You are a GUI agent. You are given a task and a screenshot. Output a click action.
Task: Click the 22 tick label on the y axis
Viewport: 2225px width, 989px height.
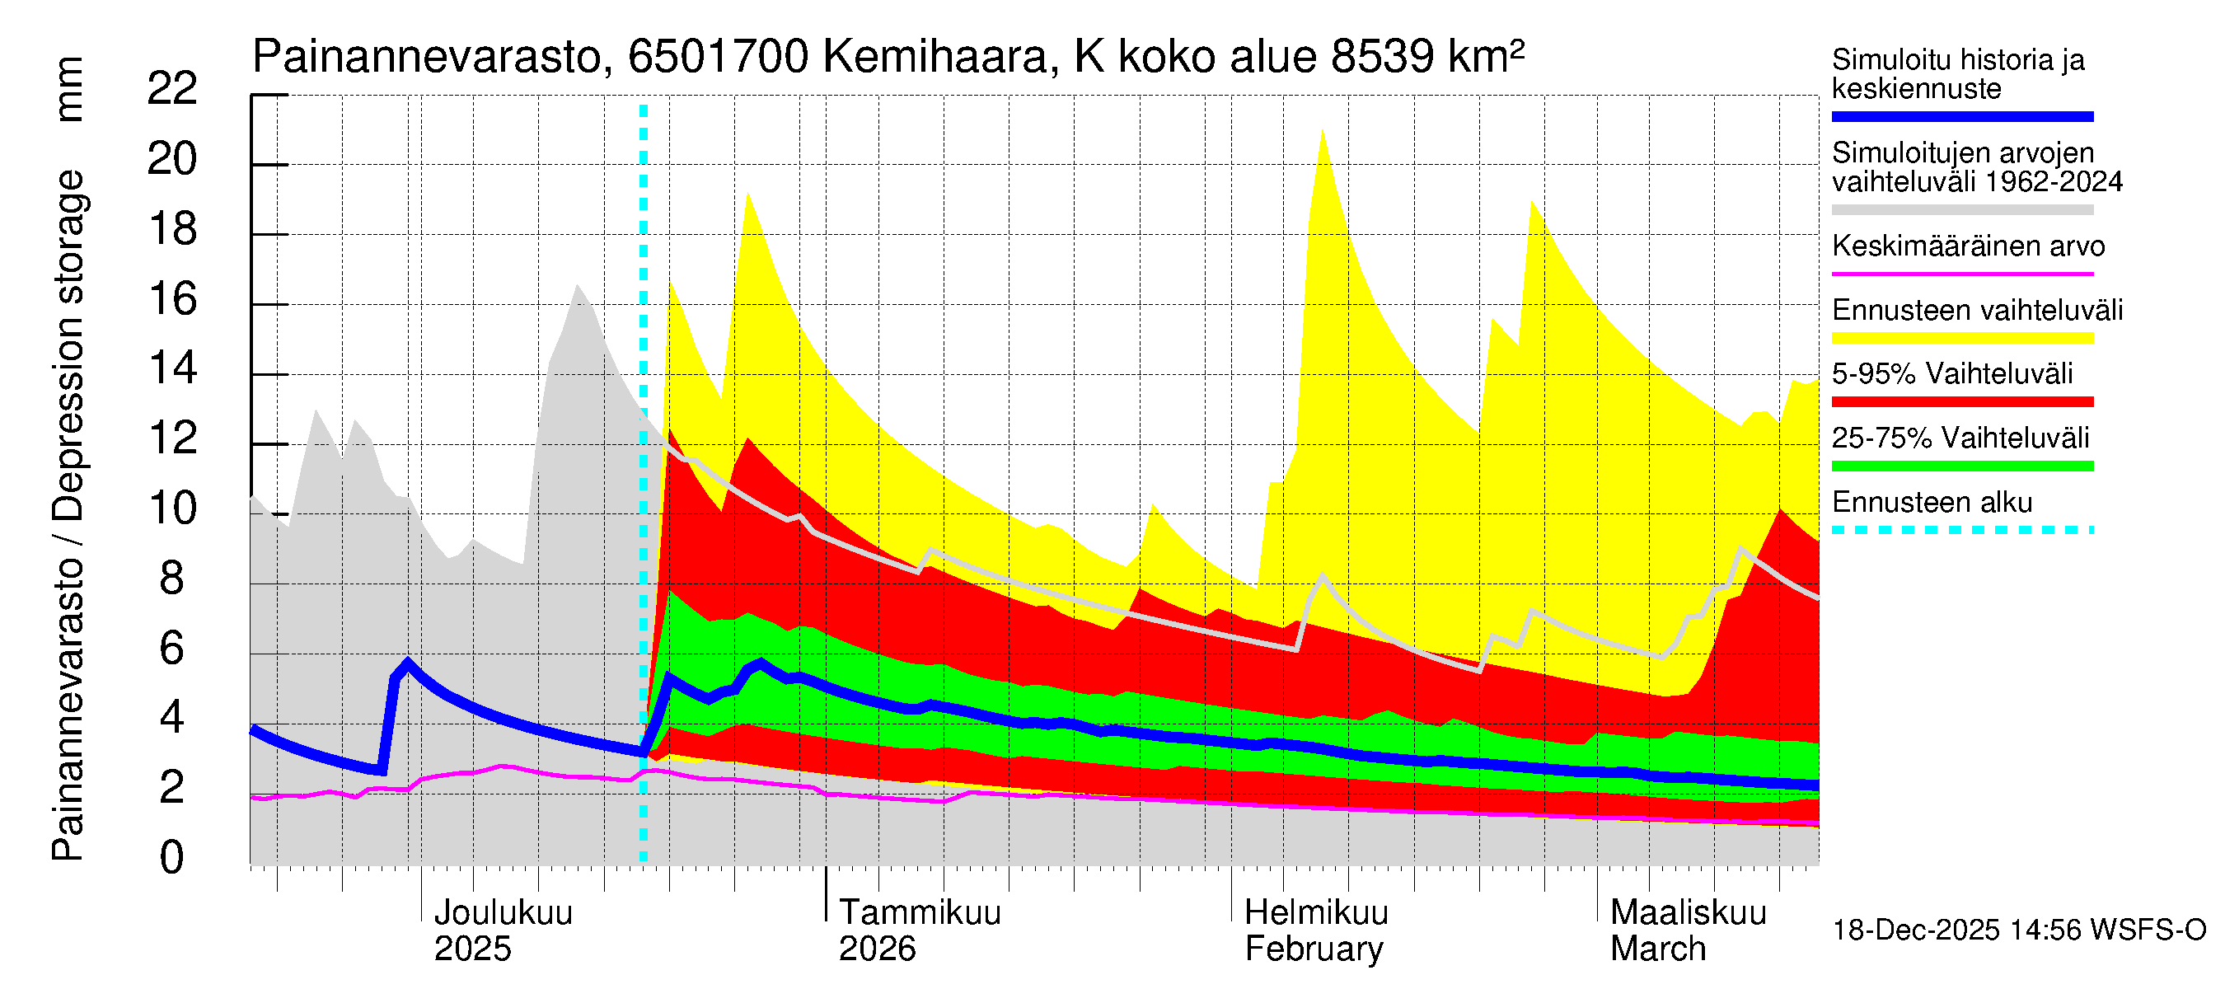[x=172, y=89]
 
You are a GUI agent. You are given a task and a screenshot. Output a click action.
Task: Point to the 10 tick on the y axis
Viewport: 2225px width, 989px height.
[x=172, y=509]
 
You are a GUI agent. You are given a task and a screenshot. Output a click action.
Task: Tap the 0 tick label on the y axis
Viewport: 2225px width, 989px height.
[x=172, y=859]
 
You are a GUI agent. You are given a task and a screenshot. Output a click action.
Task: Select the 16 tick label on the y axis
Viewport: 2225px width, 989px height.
[x=172, y=299]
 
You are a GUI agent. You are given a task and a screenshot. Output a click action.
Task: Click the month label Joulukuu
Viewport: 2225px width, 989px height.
[x=503, y=913]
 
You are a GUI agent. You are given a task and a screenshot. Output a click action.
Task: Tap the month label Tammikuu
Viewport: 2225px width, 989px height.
[x=920, y=913]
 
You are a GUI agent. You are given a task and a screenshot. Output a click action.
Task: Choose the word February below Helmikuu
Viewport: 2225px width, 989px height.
[x=1314, y=949]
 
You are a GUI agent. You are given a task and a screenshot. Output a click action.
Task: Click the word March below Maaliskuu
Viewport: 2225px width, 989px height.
[x=1657, y=949]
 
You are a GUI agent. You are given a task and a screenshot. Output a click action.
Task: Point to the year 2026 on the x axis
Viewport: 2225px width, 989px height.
[x=877, y=949]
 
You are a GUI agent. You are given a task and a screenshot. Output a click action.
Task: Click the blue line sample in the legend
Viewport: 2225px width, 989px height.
[x=1961, y=116]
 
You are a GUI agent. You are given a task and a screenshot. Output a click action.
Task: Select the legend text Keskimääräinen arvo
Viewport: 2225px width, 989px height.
[x=1968, y=246]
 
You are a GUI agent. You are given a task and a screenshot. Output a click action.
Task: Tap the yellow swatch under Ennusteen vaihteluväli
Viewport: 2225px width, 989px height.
[x=1961, y=338]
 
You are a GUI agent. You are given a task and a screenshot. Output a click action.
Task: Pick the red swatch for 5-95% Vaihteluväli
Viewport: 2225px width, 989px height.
[x=1961, y=401]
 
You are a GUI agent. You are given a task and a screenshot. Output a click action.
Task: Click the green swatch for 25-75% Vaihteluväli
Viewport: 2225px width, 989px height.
[x=1961, y=466]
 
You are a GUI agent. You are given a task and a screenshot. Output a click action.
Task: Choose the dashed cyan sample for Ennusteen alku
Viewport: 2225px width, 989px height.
[x=1961, y=529]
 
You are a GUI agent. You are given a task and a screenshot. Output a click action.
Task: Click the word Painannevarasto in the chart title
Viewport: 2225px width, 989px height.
[x=427, y=58]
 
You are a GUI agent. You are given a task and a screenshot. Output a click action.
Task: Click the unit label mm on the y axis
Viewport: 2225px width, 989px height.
[x=69, y=89]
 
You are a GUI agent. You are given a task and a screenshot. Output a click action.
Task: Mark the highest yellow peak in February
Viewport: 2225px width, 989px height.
[x=1323, y=130]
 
